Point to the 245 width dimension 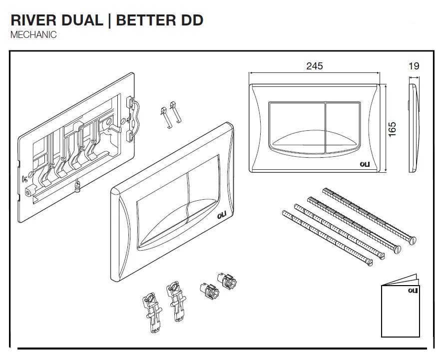pos(315,66)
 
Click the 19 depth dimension pos(414,66)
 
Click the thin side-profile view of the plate pos(413,128)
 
